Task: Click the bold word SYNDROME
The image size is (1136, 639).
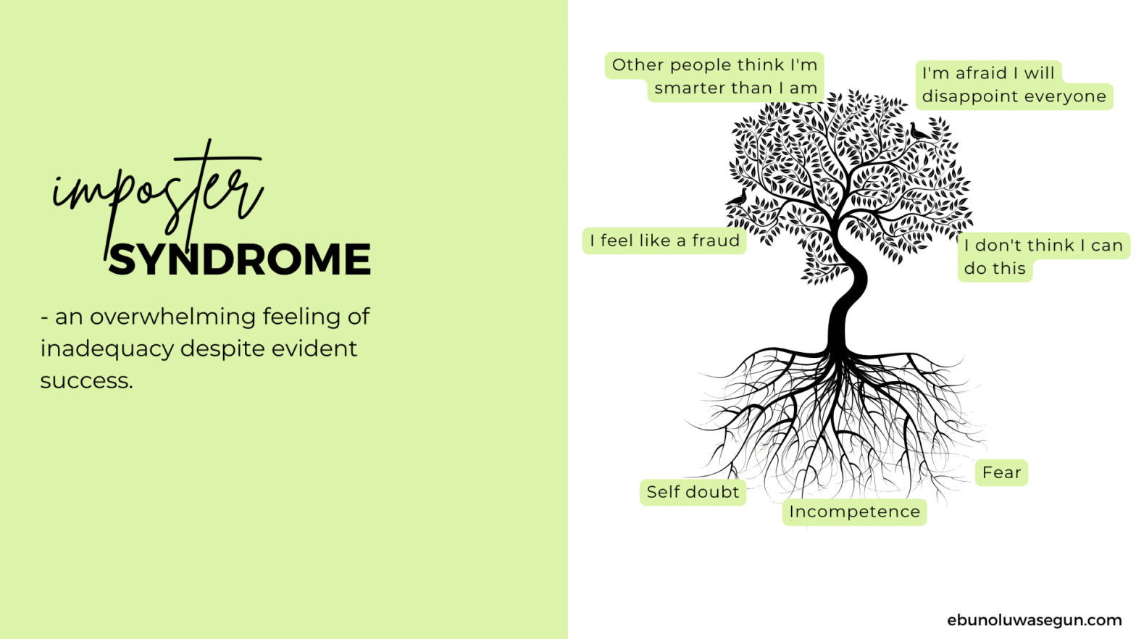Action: click(x=240, y=259)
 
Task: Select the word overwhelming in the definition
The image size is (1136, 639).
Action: click(x=173, y=317)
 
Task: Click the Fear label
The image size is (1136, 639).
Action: click(x=1001, y=472)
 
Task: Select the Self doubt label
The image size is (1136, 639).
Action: click(x=693, y=492)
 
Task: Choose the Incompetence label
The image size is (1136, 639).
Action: click(x=855, y=511)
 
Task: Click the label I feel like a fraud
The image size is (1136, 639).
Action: click(x=664, y=241)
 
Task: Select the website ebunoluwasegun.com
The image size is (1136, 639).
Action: click(x=1034, y=620)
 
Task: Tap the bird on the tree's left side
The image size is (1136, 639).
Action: click(x=738, y=197)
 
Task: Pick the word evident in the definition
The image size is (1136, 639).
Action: click(x=314, y=349)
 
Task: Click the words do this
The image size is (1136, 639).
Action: click(x=995, y=268)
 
